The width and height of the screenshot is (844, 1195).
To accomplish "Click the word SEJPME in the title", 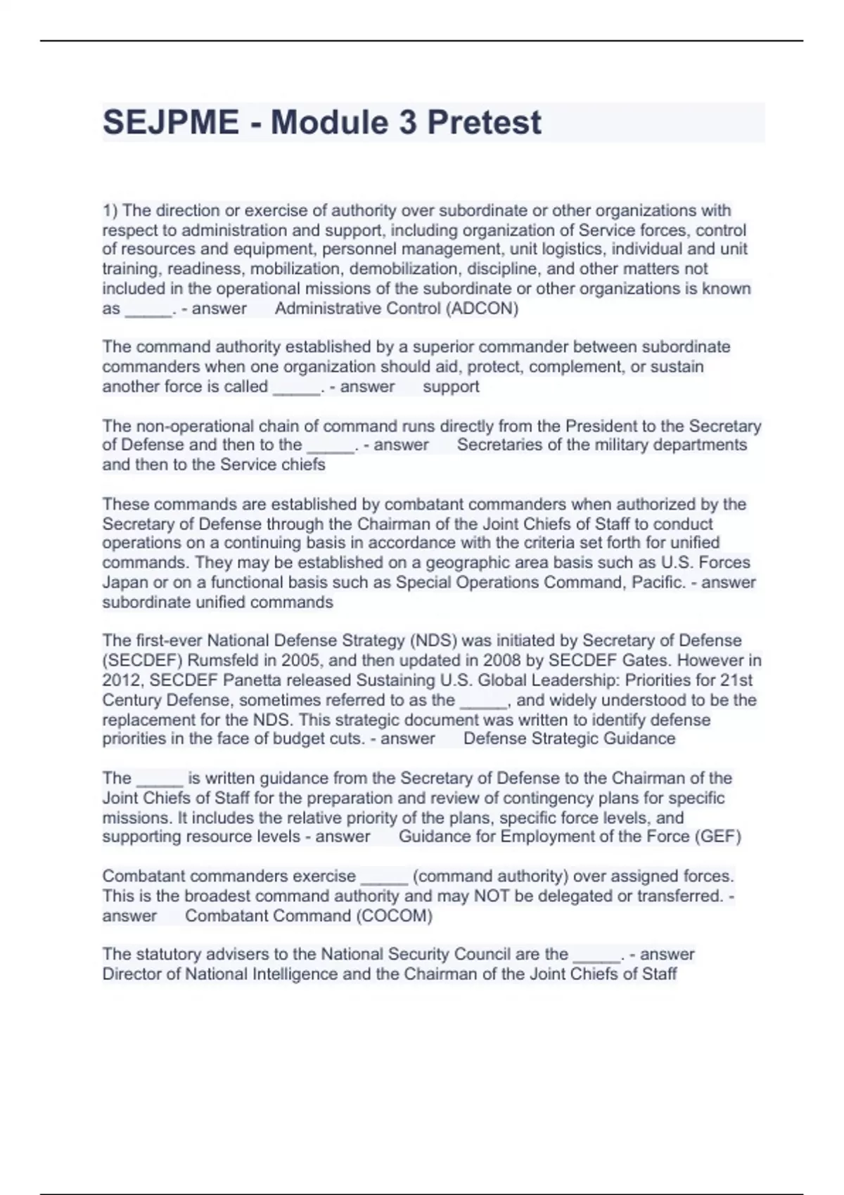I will click(171, 122).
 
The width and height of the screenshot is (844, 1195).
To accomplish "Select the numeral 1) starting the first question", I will click(110, 210).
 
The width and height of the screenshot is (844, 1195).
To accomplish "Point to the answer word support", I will click(451, 387).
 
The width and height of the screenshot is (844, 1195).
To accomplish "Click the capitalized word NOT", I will click(492, 896).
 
